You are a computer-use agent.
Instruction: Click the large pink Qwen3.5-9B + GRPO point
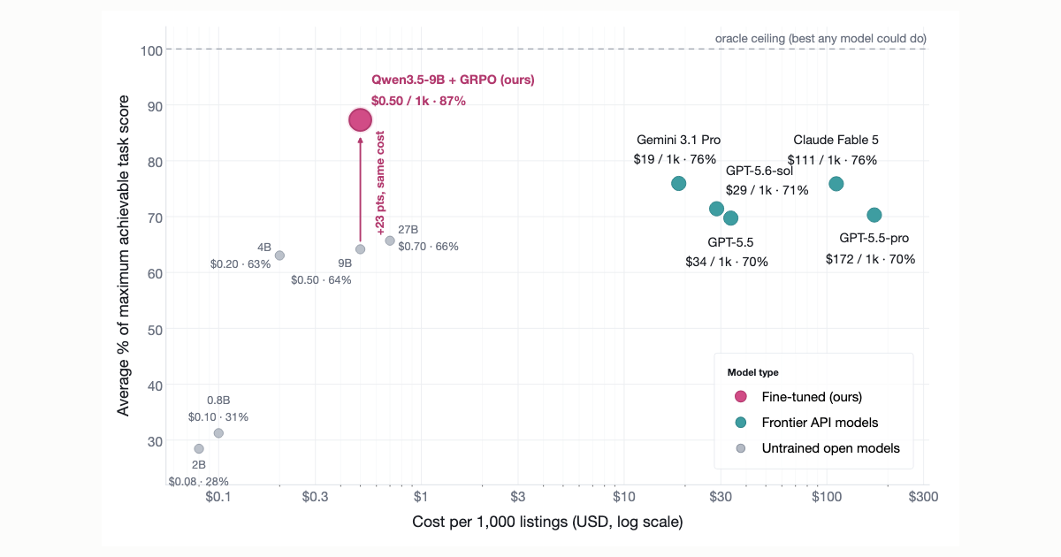360,120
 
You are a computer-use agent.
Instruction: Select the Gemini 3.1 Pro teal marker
678,183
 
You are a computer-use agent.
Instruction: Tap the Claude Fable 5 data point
836,184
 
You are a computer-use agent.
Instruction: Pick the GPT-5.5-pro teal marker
874,215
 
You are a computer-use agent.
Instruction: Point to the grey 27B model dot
390,240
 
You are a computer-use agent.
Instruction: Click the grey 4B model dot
279,256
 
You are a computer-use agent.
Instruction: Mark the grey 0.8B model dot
218,433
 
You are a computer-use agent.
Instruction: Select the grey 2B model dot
199,448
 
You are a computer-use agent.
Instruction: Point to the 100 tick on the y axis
151,50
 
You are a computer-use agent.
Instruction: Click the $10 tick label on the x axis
624,496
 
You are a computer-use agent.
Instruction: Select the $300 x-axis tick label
923,496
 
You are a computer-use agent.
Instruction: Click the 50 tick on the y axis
156,330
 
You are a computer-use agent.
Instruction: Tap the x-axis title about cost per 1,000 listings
547,522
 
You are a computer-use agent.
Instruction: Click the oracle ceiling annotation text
821,38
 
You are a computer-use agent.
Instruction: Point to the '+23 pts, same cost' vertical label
380,183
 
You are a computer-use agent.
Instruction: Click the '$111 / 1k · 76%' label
832,160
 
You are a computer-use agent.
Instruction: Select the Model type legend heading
753,372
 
